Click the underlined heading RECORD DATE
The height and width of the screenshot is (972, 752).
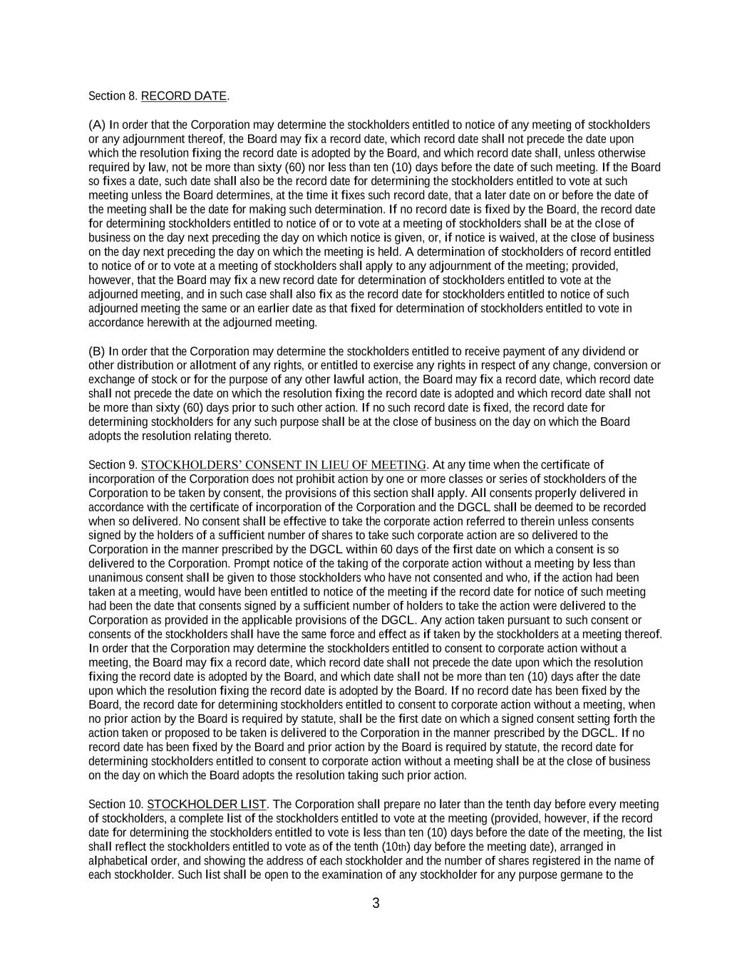184,96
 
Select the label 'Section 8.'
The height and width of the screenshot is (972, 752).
113,96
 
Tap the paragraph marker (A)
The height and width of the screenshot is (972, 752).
97,125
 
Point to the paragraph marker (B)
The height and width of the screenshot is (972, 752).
97,351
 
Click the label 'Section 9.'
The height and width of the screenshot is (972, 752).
113,465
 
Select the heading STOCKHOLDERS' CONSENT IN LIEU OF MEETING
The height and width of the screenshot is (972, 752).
284,465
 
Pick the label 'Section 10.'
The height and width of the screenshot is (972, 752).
116,805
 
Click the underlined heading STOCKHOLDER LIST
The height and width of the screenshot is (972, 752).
207,805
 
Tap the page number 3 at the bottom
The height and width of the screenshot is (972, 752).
376,904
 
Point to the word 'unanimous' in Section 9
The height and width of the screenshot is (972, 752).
112,578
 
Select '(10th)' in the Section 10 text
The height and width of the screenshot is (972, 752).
396,847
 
